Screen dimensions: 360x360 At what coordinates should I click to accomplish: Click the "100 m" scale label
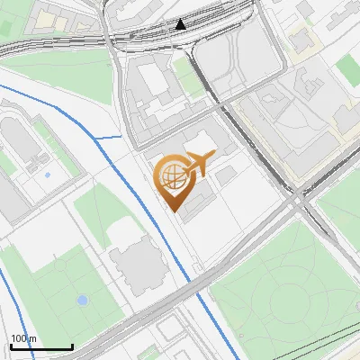pyautogui.click(x=23, y=339)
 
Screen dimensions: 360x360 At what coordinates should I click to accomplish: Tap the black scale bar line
pyautogui.click(x=41, y=347)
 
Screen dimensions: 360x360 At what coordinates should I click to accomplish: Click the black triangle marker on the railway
pyautogui.click(x=181, y=24)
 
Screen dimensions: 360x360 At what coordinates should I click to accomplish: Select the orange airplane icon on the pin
pyautogui.click(x=198, y=163)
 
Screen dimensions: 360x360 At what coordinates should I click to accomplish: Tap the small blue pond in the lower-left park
pyautogui.click(x=83, y=300)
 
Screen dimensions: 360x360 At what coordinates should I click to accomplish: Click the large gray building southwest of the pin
pyautogui.click(x=138, y=265)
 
